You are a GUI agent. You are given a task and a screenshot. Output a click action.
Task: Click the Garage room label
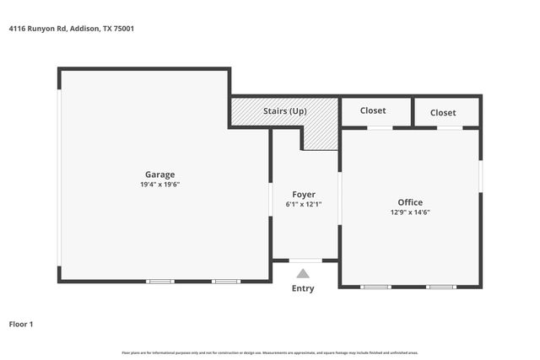(x=159, y=175)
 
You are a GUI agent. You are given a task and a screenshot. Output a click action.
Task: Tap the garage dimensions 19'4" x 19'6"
(x=159, y=185)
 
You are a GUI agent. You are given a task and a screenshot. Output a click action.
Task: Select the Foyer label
(x=304, y=195)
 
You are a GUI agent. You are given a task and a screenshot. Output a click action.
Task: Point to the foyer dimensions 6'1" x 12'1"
(x=304, y=204)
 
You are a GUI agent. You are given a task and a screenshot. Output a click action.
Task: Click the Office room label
(x=410, y=202)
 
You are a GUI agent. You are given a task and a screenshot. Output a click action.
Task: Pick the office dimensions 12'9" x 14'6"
(x=410, y=212)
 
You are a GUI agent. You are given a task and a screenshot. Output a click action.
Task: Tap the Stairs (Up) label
(x=284, y=111)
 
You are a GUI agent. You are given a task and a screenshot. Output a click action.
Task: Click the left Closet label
(x=373, y=110)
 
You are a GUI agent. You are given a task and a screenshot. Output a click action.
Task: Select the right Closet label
(x=443, y=112)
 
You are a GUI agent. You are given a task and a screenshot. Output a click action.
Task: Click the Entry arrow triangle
(x=303, y=272)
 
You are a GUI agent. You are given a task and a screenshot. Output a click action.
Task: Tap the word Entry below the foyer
(x=303, y=288)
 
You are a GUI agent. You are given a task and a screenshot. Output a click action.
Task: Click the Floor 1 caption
(x=21, y=324)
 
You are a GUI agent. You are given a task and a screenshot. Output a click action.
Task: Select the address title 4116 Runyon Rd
(x=72, y=29)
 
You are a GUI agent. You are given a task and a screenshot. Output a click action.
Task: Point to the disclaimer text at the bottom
(x=270, y=352)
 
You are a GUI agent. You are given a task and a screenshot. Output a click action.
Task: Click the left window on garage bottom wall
(x=160, y=281)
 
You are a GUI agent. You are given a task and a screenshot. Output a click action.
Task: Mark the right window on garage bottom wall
(x=226, y=281)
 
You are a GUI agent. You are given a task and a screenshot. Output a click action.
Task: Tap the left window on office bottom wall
(x=375, y=287)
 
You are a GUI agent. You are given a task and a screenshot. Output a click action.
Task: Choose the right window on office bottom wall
(x=440, y=287)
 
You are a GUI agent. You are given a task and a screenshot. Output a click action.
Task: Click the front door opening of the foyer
(x=305, y=261)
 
